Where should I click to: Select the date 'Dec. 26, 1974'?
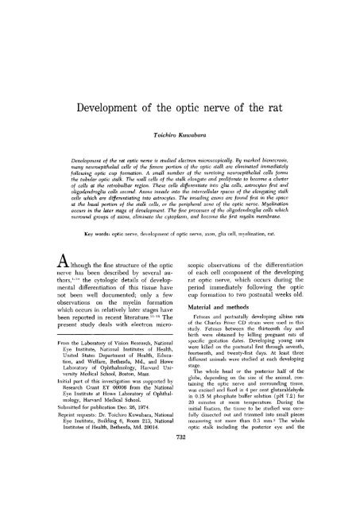(x=145, y=445)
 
